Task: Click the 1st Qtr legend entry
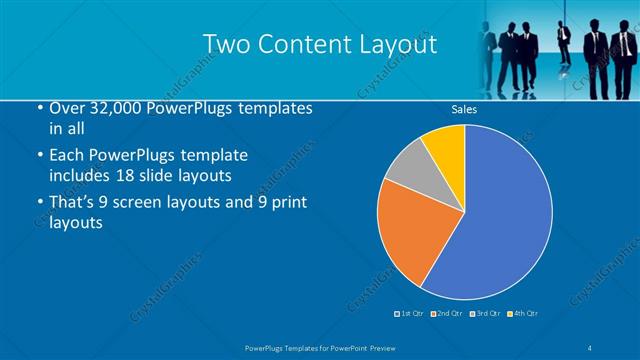point(409,315)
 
